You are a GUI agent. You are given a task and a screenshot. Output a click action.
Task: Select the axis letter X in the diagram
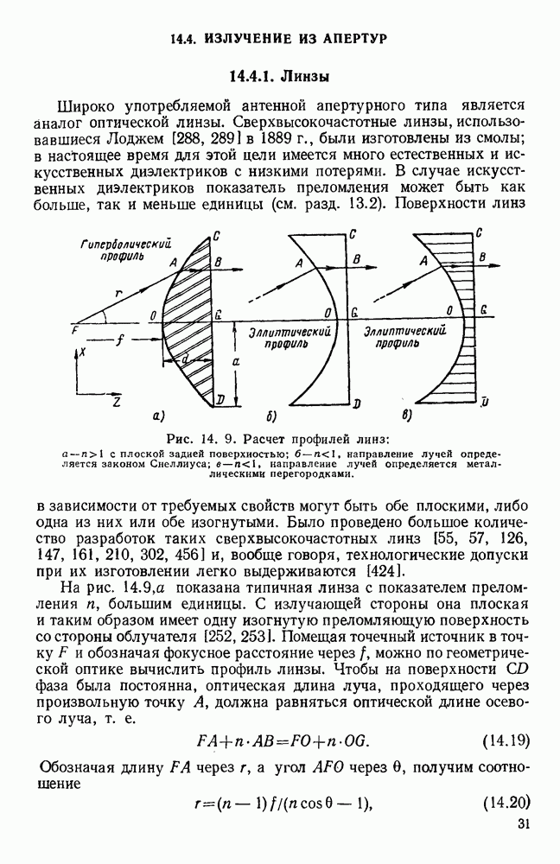click(80, 352)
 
